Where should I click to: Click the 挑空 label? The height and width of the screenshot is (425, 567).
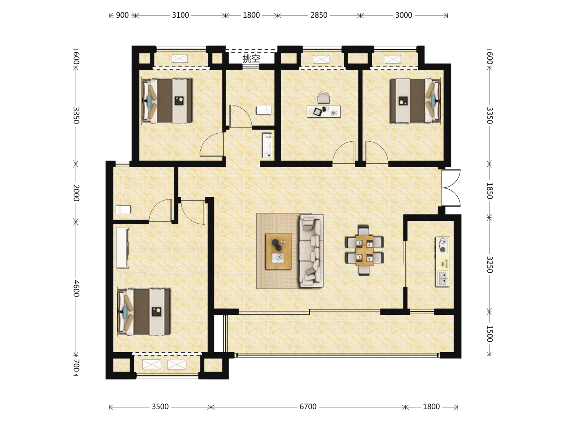(251, 59)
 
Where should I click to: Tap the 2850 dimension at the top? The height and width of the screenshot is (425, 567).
(319, 15)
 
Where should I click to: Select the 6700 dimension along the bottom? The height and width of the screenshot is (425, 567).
(308, 407)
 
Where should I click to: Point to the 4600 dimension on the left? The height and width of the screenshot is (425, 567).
(76, 288)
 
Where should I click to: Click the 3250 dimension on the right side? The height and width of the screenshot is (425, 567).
(489, 265)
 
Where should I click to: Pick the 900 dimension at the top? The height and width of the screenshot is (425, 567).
(122, 15)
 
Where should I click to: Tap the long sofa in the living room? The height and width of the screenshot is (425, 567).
(311, 251)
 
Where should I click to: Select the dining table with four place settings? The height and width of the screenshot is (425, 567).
(364, 250)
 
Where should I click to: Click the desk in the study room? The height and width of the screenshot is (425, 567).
(324, 111)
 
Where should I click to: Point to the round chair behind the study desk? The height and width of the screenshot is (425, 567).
(324, 98)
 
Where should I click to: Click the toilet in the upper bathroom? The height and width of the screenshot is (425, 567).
(264, 110)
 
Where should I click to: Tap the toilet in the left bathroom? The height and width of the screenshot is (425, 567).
(123, 209)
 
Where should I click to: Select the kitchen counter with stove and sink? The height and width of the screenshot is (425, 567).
(443, 262)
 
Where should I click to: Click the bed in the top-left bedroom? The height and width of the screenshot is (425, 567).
(167, 101)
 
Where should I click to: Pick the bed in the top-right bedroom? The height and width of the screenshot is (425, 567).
(415, 101)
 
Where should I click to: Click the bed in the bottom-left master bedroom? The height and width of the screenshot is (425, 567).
(144, 312)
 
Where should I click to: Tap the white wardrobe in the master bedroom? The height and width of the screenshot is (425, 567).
(122, 248)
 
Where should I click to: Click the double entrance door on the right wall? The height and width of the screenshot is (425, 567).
(451, 188)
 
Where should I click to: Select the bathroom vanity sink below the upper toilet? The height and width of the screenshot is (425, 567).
(267, 145)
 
